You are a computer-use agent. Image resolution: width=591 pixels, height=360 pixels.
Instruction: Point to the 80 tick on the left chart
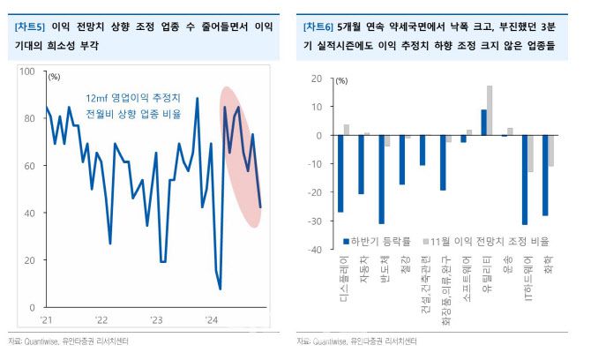[x=31, y=118]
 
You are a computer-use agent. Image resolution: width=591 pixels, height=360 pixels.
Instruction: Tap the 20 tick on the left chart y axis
[x=31, y=260]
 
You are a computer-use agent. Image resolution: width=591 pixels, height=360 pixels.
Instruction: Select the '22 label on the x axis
[x=101, y=319]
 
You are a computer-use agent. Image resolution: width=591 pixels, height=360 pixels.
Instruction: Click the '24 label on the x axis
[x=212, y=319]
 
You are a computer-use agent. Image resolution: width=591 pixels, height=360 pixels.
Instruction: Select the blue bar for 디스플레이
[x=340, y=174]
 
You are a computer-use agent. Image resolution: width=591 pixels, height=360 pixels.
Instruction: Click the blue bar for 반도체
[x=381, y=180]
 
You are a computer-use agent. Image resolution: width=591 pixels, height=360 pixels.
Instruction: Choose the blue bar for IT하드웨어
[x=525, y=180]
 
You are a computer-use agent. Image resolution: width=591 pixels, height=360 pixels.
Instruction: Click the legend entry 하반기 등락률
[x=376, y=239]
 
